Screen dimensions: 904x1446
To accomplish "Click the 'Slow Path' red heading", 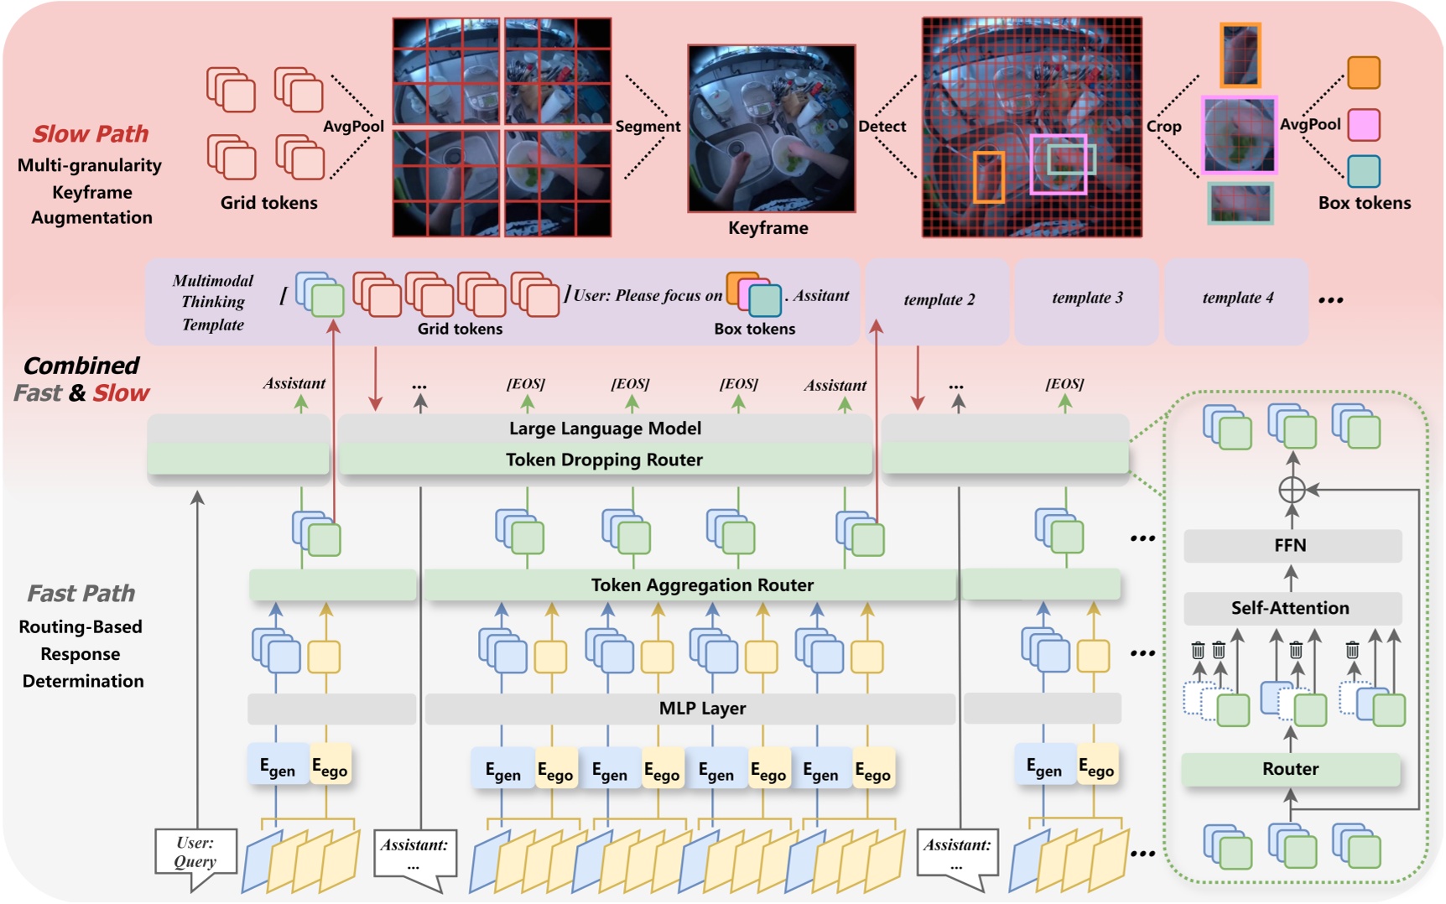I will coord(91,134).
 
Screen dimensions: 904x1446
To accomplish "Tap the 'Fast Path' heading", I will coord(81,594).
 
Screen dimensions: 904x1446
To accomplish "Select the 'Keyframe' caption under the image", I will coord(767,228).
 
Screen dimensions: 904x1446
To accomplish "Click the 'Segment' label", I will coord(648,127).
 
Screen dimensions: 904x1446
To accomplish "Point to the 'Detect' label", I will coord(882,127).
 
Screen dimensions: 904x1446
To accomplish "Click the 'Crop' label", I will coord(1163,127).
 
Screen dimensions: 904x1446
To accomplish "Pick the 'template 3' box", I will coord(1087,299).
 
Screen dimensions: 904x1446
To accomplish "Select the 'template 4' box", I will coord(1237,299).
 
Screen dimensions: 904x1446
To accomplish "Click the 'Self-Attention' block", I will coord(1290,608).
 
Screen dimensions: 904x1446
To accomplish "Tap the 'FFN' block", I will coord(1290,546).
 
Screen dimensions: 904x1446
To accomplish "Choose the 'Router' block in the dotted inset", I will coord(1290,769).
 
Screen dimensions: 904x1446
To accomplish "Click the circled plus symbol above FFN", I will coord(1293,490).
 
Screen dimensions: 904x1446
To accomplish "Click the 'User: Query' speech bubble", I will coord(195,854).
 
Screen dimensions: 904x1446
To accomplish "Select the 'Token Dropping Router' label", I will coord(604,460).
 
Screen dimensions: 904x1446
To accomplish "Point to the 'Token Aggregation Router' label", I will coord(702,585).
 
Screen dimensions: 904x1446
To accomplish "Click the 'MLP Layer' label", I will coord(702,709).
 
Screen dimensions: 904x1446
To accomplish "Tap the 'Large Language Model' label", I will coord(605,429).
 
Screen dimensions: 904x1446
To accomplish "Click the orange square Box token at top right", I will coord(1363,73).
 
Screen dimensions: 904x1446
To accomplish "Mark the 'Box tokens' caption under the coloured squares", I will coord(1364,203).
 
